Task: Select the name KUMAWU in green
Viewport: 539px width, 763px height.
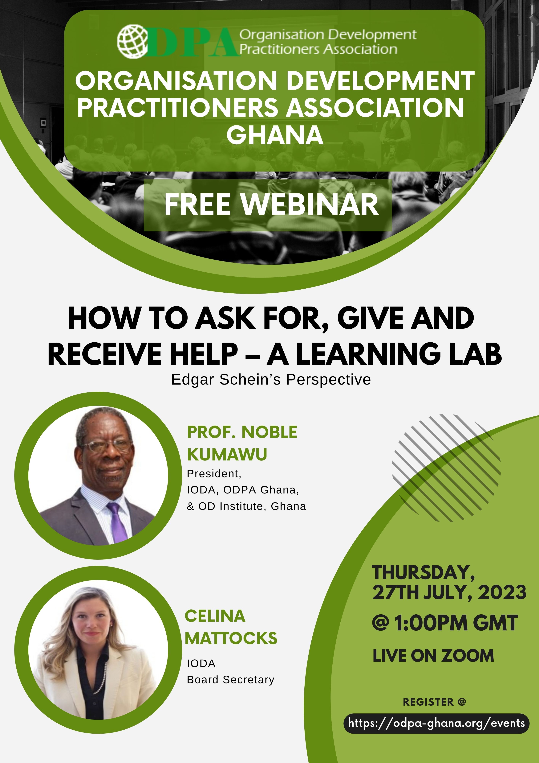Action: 227,455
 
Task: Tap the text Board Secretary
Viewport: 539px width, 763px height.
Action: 231,680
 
